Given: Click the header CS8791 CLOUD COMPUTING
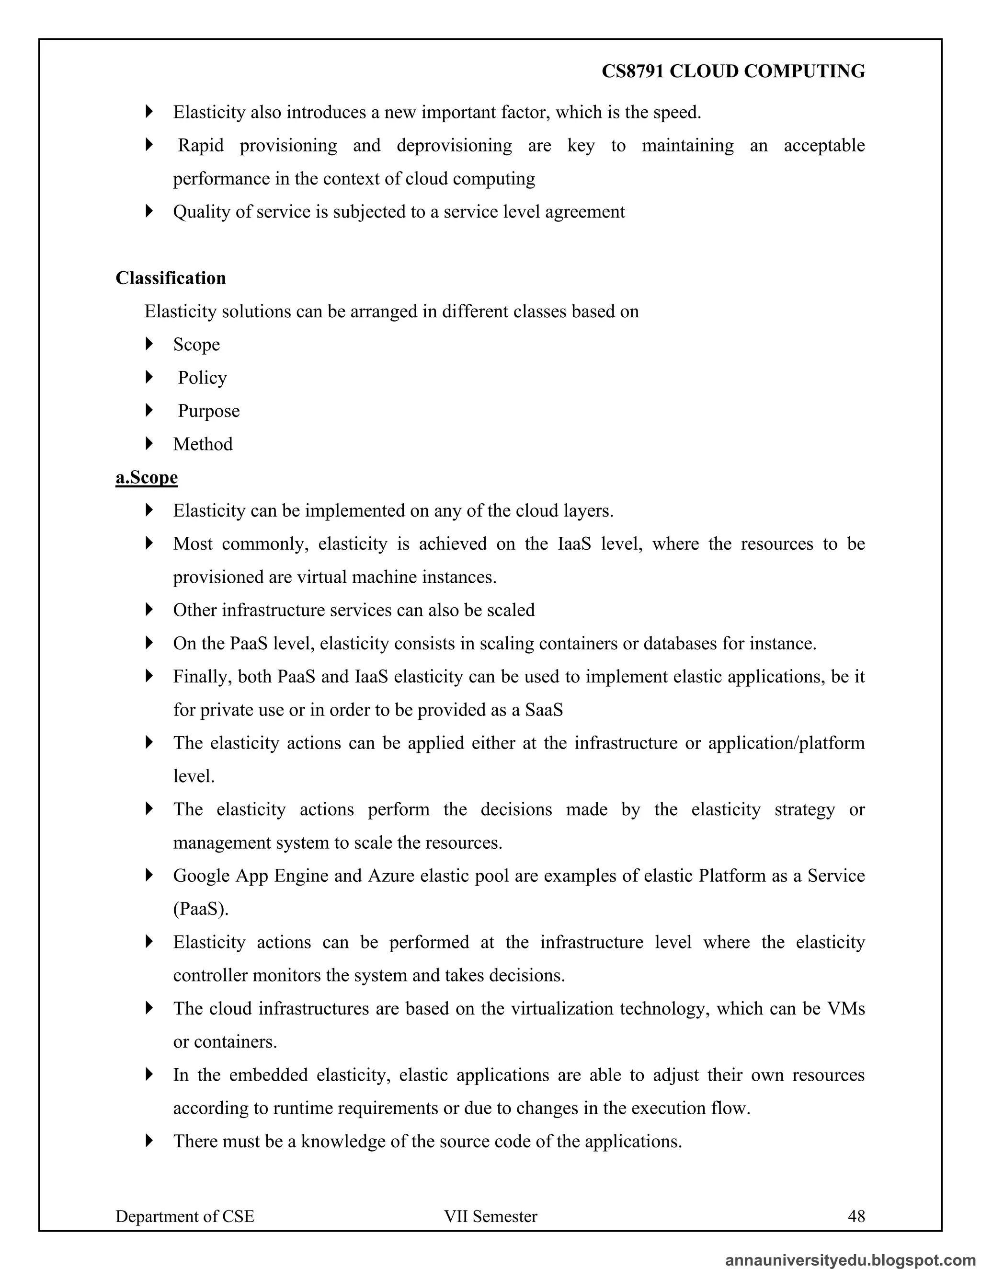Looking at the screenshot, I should (733, 71).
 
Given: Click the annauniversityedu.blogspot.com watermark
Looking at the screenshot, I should (850, 1259).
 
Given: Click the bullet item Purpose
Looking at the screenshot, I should (209, 411).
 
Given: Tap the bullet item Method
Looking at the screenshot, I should (203, 444).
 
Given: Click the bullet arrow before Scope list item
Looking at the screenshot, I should (149, 344).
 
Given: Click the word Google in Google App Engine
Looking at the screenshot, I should (201, 875).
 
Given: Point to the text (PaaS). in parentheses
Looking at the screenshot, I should (201, 908).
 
